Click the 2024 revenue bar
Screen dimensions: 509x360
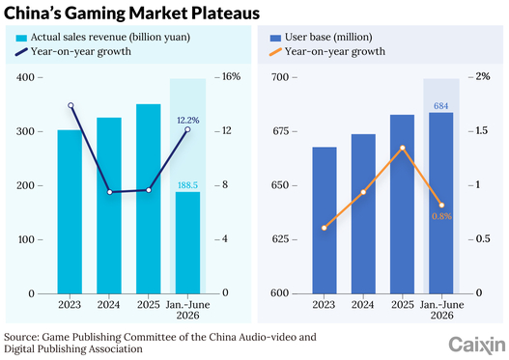(109, 206)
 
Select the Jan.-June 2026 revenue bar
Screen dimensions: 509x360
(187, 243)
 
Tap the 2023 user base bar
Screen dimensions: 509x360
(325, 221)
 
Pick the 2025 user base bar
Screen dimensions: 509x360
(402, 205)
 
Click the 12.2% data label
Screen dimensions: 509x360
(188, 121)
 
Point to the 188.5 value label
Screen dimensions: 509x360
(187, 185)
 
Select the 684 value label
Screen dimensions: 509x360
(440, 106)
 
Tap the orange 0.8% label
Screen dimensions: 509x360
(441, 216)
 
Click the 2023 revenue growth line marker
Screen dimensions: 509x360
(71, 105)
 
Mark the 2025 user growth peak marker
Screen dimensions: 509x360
(403, 148)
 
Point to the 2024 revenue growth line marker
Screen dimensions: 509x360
(110, 192)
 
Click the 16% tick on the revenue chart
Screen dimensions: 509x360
(232, 76)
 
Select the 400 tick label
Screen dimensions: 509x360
(25, 77)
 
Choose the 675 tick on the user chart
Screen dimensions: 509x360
(279, 131)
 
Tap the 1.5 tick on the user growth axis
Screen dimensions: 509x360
(481, 130)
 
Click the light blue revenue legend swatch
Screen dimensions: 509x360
(21, 39)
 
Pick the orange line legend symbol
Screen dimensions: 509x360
(275, 52)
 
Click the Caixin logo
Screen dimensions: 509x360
(477, 346)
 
